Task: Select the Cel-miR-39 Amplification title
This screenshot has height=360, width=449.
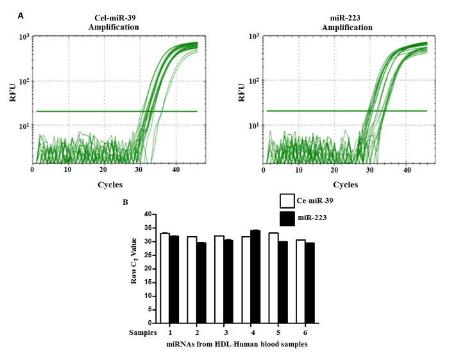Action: [114, 23]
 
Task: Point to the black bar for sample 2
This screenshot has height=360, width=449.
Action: [201, 282]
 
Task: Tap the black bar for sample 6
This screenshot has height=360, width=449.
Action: [310, 282]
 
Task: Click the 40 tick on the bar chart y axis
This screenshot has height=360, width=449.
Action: [148, 214]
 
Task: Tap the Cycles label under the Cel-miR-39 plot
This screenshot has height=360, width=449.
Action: [114, 184]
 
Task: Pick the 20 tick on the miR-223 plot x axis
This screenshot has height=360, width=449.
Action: [333, 169]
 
